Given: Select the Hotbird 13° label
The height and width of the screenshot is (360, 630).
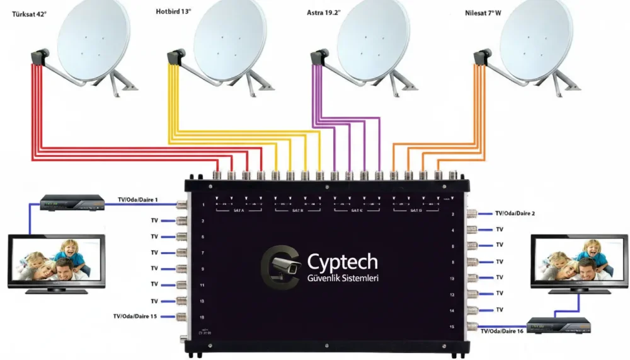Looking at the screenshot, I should point(175,11).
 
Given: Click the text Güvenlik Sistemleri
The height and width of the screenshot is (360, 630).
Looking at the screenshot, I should point(343,278).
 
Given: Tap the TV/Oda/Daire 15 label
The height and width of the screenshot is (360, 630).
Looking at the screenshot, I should point(135,316).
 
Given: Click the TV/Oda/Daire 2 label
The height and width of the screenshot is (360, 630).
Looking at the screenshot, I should point(515,214).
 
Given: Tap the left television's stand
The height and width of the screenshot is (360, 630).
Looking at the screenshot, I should point(56,290).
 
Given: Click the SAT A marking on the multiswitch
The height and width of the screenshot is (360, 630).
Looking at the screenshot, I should point(238,210).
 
